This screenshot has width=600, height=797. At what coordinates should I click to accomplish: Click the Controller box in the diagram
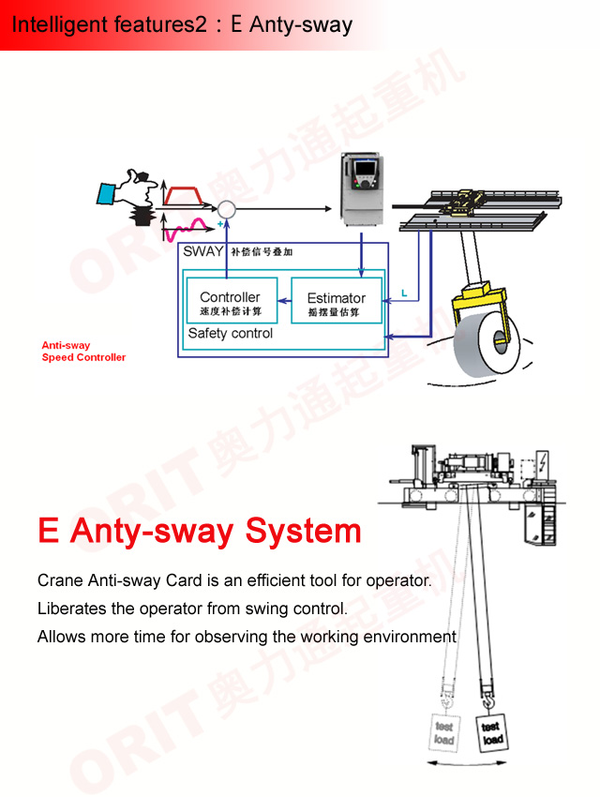tap(231, 302)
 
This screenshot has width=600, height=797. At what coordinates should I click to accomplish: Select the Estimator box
tap(336, 302)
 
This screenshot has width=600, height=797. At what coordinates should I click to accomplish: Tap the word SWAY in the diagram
tap(203, 251)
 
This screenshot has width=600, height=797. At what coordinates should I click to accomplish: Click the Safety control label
tap(231, 334)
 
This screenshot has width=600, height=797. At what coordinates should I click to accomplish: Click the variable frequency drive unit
tap(362, 189)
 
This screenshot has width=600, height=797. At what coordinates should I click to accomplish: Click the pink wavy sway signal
tap(191, 226)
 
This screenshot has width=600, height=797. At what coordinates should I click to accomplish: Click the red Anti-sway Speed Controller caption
tap(83, 352)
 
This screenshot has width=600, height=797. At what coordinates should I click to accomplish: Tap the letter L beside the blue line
tap(403, 293)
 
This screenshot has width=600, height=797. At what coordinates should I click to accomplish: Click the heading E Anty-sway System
tap(199, 532)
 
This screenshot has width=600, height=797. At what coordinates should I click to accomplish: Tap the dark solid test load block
tap(491, 733)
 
